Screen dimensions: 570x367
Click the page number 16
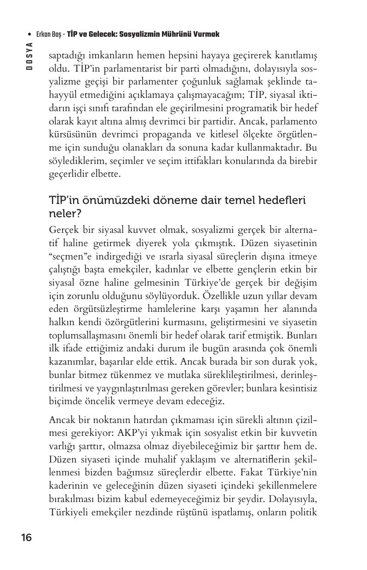coord(26,537)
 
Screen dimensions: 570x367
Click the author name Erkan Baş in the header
coord(49,34)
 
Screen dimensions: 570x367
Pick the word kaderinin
coord(69,484)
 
